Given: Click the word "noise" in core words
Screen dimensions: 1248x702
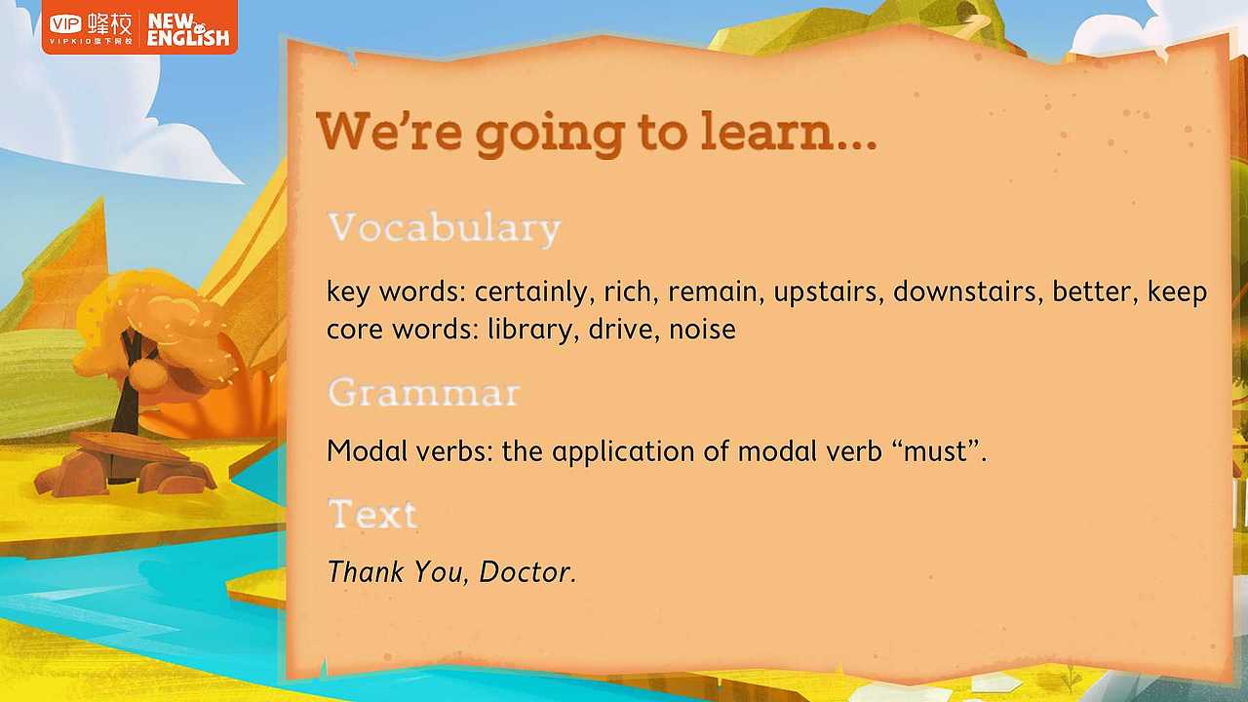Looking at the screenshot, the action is (702, 329).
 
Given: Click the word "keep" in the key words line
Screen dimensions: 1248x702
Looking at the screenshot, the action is (1177, 292).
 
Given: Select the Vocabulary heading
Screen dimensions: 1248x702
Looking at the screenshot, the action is (444, 228).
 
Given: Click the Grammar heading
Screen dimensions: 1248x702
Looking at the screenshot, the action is (424, 392).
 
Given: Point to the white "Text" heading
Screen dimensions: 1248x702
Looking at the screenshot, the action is (372, 514).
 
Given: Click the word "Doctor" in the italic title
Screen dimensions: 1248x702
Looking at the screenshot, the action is (527, 571).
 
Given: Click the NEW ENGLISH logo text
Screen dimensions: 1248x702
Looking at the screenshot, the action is (188, 30).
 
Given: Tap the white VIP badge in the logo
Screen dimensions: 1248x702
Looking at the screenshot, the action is (65, 24).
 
